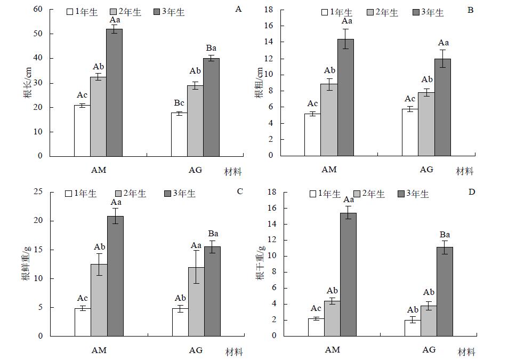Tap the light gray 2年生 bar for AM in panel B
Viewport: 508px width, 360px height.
tap(328, 119)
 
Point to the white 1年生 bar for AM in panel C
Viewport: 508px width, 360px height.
tap(82, 322)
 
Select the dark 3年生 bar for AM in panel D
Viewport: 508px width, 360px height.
tap(348, 274)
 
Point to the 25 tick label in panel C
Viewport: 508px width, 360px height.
tap(38, 192)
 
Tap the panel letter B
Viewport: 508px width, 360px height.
tap(471, 10)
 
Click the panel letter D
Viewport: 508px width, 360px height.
tap(472, 191)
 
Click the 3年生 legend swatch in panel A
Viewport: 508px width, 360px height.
tap(156, 12)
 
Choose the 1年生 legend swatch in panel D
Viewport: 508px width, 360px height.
tap(312, 194)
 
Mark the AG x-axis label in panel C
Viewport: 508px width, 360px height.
tap(196, 350)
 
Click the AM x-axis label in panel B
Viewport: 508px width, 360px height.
tap(329, 170)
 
